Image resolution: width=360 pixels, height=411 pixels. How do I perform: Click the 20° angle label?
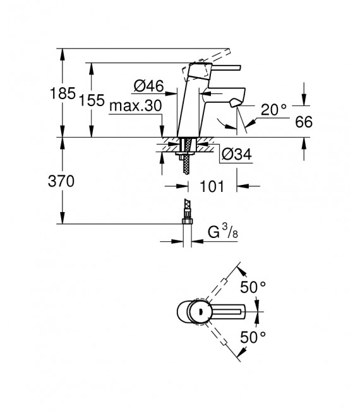pyautogui.click(x=273, y=109)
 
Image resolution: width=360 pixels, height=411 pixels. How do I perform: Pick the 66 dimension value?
pyautogui.click(x=304, y=122)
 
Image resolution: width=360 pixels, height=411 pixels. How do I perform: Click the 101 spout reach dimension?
pyautogui.click(x=212, y=186)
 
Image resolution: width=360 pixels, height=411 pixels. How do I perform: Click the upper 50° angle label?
pyautogui.click(x=253, y=287)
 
